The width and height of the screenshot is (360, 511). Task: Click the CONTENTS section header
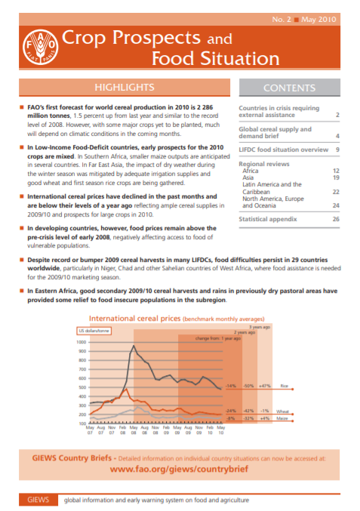point(289,88)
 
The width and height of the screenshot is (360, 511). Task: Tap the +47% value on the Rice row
point(264,386)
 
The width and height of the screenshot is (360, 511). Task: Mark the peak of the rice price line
point(134,346)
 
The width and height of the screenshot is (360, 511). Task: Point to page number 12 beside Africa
point(335,171)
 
